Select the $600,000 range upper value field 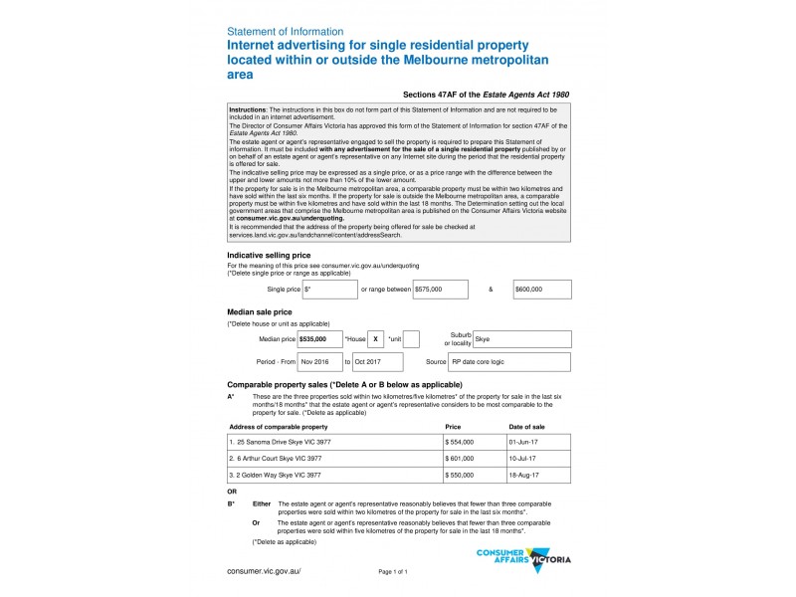[542, 290]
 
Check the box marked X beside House [375, 339]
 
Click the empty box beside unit [411, 339]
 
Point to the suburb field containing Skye [521, 339]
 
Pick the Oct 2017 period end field [375, 362]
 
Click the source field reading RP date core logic [509, 362]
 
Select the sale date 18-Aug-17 [522, 475]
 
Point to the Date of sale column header [526, 426]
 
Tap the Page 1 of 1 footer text [393, 572]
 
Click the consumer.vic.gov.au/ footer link [264, 571]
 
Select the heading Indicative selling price [275, 256]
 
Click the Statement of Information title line [286, 32]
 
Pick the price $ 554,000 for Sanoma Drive [460, 441]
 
